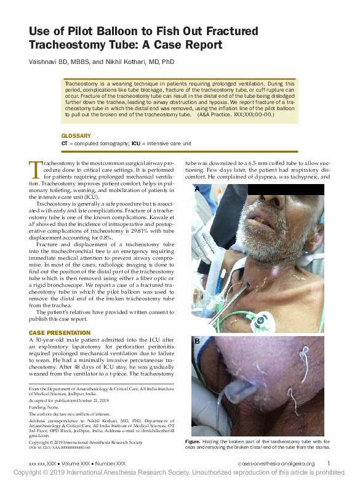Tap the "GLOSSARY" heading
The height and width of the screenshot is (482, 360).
click(76, 135)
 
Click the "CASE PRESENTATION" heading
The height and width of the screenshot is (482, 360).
click(59, 333)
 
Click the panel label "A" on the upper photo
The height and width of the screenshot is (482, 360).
click(198, 190)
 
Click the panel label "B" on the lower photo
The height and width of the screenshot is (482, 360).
click(198, 340)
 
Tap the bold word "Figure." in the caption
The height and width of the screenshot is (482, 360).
click(193, 441)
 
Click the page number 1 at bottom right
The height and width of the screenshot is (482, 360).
click(329, 464)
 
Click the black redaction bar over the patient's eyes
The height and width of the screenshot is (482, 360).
click(286, 189)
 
